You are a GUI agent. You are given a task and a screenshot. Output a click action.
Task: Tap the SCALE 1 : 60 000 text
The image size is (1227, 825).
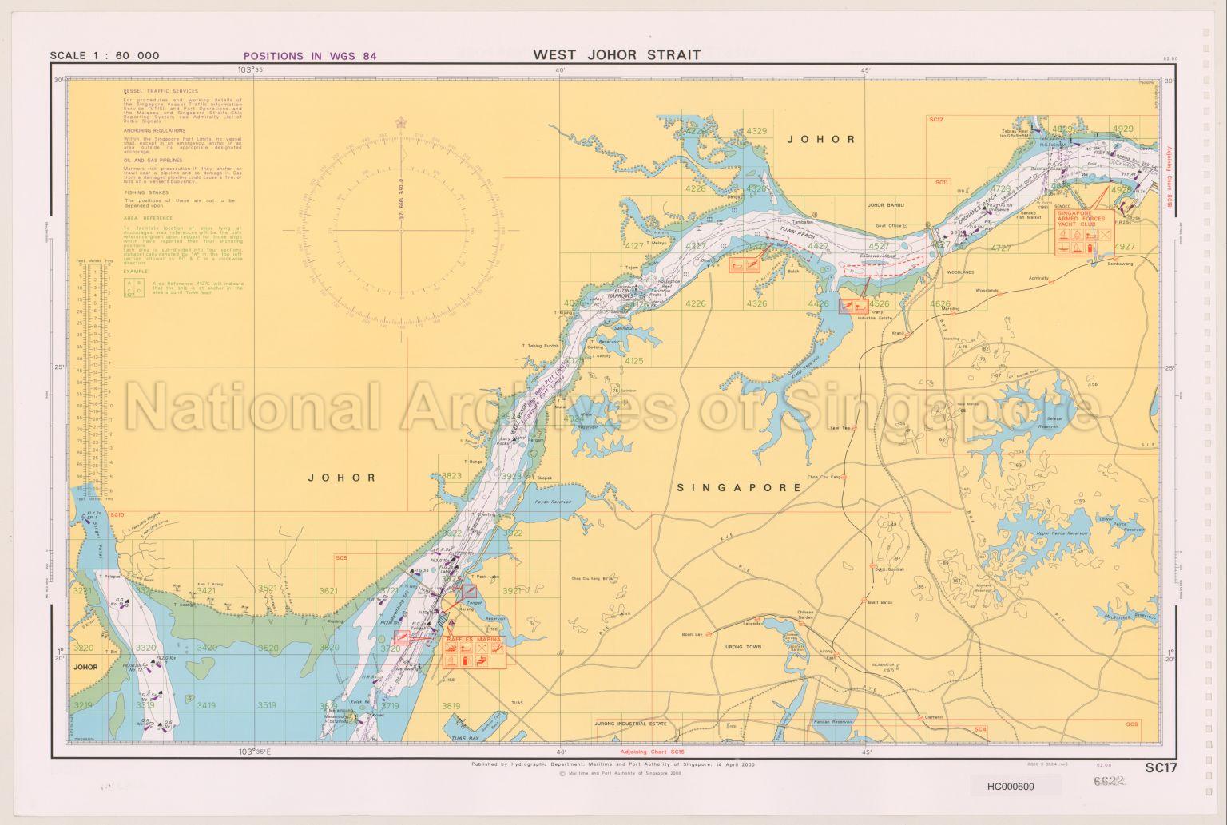pos(105,56)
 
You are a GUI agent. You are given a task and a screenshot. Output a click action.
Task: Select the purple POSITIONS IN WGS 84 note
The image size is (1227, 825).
pos(310,56)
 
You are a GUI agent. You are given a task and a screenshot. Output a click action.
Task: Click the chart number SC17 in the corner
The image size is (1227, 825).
pos(1161,768)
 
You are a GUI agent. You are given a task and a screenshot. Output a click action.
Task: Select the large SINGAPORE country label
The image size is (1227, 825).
pos(739,487)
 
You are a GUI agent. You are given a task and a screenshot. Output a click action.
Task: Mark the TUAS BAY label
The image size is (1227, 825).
pos(463,739)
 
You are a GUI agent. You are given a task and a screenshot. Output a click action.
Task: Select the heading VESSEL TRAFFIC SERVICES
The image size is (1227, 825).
pos(161,91)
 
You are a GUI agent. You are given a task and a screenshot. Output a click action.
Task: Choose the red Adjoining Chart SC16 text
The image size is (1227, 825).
pos(653,752)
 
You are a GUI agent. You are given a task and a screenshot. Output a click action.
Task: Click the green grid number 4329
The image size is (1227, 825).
pos(756,131)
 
